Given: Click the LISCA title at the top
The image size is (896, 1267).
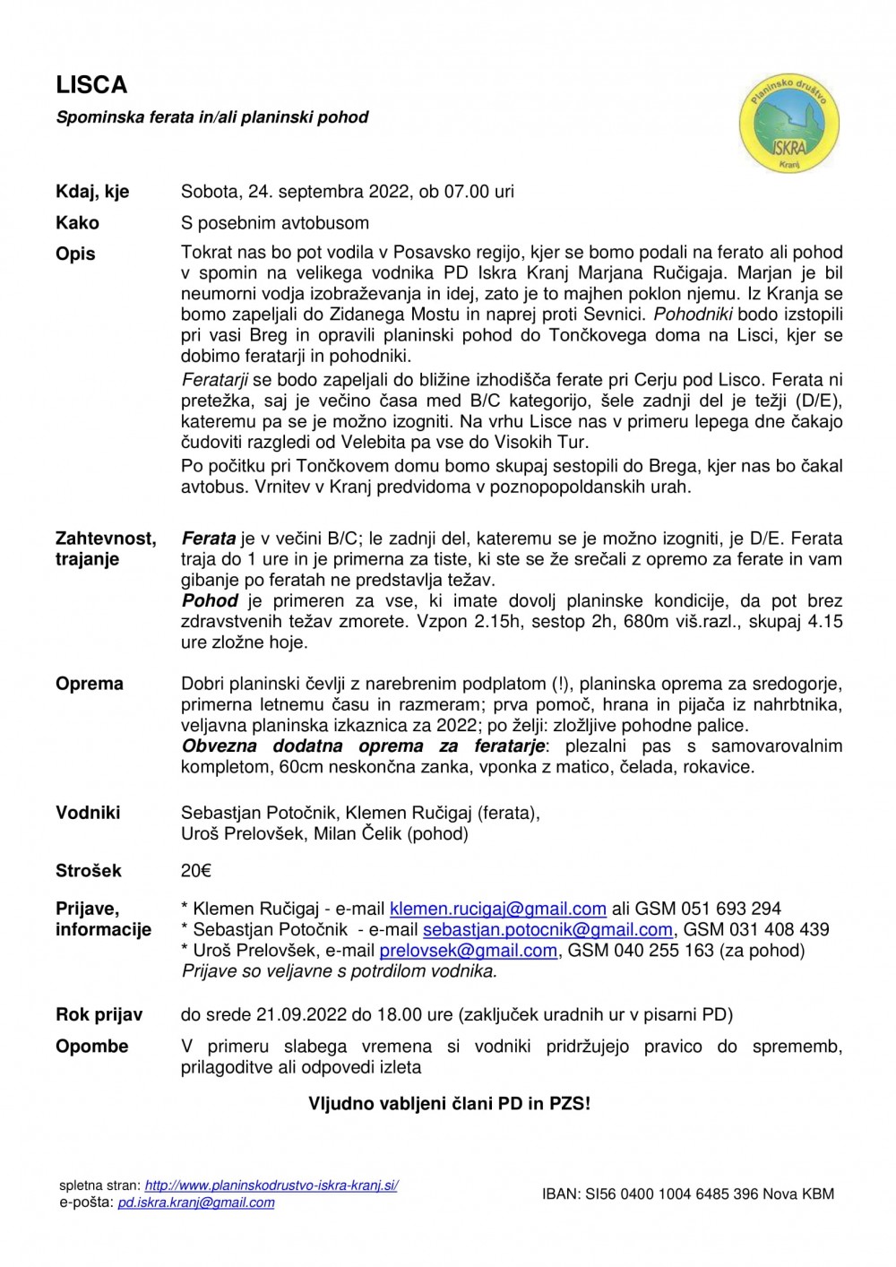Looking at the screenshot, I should [91, 85].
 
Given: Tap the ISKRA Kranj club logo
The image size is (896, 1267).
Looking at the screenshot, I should [789, 123].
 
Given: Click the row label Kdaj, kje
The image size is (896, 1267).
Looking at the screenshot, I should [92, 192].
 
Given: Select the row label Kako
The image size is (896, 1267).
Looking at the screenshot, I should [77, 223].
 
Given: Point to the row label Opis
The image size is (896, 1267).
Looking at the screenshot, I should [75, 254].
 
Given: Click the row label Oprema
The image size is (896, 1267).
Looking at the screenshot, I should [90, 684].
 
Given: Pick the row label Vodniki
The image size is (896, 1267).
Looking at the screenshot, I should [88, 813].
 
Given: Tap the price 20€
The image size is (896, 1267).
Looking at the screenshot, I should [196, 871].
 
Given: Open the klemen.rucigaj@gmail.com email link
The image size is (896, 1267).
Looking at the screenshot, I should [498, 909].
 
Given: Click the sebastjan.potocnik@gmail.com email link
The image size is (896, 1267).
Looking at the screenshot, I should [547, 930].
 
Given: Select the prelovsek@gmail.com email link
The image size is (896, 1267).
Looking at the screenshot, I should [468, 951].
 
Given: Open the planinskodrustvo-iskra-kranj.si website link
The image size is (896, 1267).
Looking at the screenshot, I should [271, 1185].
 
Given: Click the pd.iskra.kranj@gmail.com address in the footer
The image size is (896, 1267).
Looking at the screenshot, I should [196, 1203].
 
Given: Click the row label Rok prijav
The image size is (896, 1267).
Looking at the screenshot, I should [99, 1015].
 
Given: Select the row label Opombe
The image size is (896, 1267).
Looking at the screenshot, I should [91, 1047].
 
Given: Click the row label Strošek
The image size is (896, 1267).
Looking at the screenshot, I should [89, 871].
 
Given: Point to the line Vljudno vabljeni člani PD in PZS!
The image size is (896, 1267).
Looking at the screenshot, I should [450, 1104].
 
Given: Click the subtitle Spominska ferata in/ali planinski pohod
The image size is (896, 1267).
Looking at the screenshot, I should [212, 117].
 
